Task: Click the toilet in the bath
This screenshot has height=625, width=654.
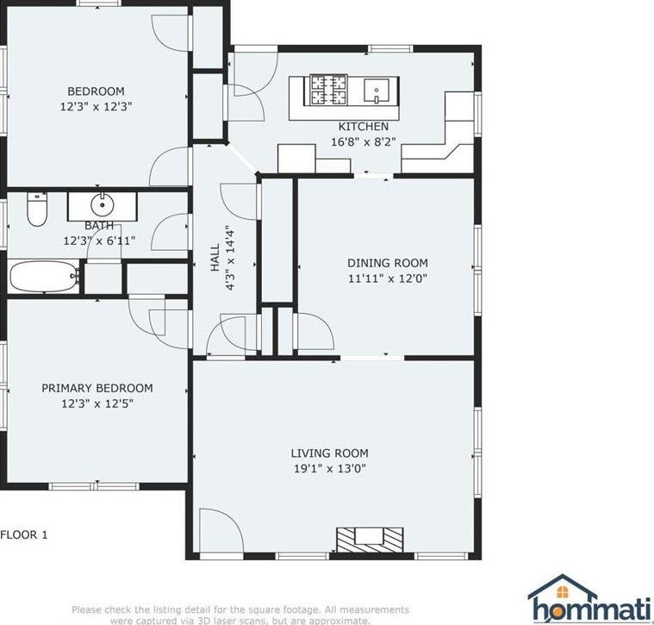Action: (37, 209)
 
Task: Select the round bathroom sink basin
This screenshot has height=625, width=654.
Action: (103, 205)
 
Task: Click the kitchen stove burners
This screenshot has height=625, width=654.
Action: (328, 90)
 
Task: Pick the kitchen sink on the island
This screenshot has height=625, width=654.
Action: (377, 91)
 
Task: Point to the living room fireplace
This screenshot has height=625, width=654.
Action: (370, 540)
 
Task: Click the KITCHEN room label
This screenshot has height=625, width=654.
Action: (363, 127)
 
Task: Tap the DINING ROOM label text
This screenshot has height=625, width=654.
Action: (388, 263)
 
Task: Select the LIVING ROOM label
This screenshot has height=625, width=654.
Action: (329, 453)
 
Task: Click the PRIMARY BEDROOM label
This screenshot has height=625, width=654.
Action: (97, 388)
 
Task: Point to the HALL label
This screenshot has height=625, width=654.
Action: (215, 258)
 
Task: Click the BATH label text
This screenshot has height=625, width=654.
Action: (99, 226)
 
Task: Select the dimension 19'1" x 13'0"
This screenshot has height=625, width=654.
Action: (329, 469)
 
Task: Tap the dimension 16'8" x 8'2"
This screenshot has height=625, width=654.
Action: (363, 142)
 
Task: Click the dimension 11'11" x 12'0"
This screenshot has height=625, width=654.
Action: (388, 278)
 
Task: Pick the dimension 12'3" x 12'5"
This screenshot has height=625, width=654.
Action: (97, 403)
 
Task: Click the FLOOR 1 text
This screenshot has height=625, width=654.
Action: (24, 534)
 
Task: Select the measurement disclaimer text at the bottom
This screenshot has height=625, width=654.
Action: (240, 615)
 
